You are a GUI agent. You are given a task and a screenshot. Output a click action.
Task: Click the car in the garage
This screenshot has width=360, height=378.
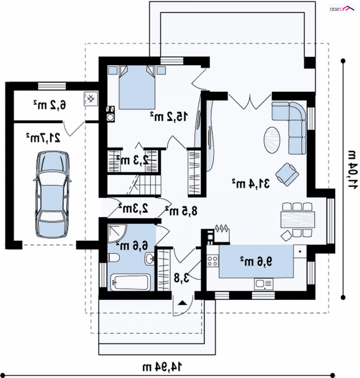pos(52,194)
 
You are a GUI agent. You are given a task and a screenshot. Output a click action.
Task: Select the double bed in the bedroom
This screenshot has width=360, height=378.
pos(137,87)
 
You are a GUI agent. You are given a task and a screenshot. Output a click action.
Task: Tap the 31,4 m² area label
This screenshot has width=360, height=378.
pos(251,184)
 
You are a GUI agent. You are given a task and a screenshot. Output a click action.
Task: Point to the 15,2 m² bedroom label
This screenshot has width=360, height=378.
pos(169,117)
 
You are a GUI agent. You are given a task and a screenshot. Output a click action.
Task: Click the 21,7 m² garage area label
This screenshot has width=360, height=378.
pos(43,138)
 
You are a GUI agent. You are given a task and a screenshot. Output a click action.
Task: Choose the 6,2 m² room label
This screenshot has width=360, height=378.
pos(49,104)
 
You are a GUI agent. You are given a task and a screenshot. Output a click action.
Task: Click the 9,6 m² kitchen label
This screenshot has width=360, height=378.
pos(256,261)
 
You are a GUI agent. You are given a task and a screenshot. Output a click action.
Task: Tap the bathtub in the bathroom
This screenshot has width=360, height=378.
pos(130,282)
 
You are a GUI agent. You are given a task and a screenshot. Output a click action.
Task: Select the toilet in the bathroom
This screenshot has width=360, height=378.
pos(113,258)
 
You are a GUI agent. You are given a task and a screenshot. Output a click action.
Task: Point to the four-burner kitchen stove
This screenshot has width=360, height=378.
pos(212,261)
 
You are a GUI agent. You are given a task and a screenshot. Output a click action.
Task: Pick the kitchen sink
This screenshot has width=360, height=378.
pos(263,284)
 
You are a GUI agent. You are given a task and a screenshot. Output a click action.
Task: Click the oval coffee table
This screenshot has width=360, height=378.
pos(272,139)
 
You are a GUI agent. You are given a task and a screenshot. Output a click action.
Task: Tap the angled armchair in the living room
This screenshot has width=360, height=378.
pos(287,174)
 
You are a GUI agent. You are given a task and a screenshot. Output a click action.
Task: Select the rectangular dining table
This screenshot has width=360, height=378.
pos(297,220)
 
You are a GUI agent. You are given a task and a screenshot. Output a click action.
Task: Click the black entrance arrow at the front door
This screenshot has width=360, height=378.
pos(182,303)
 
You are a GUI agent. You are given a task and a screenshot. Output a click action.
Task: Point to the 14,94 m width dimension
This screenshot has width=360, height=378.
pos(162,367)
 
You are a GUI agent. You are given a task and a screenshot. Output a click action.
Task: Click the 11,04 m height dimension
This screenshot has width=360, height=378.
pos(352,170)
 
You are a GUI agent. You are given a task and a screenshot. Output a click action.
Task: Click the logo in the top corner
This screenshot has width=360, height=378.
pos(342,9)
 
